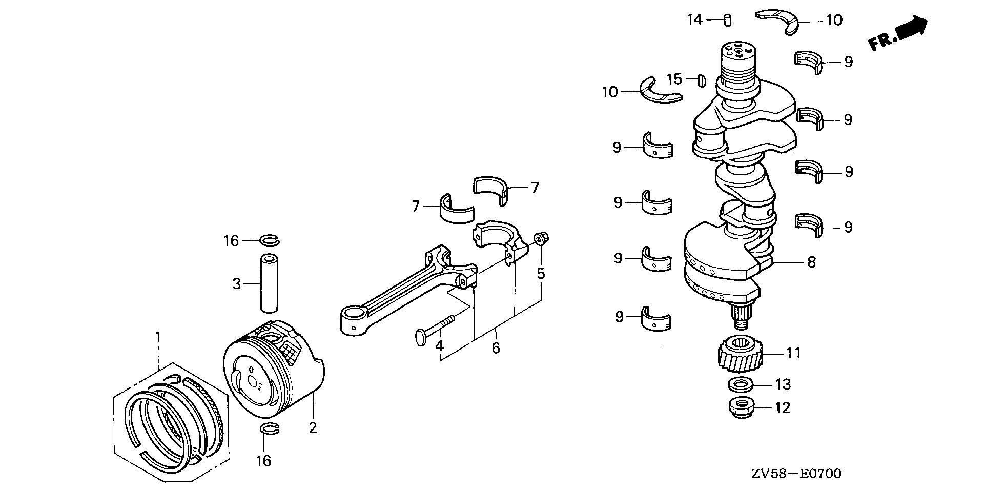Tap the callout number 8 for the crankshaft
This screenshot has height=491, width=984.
811,262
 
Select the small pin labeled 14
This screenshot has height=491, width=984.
727,21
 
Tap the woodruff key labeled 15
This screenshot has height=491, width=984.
702,79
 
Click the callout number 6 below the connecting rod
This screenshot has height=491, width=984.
496,349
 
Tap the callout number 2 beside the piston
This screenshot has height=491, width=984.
313,427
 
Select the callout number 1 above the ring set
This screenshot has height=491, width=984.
158,337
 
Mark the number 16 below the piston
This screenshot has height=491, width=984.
263,461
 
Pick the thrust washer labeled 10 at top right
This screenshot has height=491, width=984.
777,20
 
